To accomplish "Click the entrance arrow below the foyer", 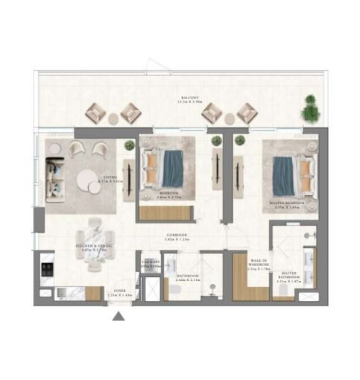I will point(119,317).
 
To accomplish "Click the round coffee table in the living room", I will point(92,180).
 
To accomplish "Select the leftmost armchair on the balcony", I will point(98,110).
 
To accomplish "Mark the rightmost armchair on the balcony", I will point(247,112).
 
